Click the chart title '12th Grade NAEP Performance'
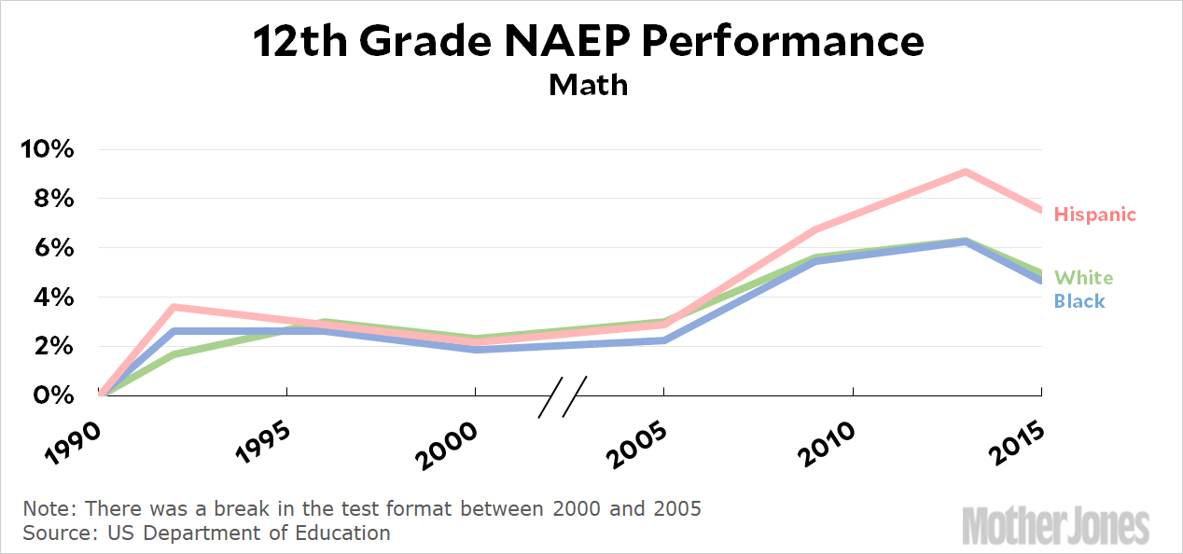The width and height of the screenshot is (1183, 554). [589, 42]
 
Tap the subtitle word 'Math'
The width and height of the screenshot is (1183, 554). [589, 85]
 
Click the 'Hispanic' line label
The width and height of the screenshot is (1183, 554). [1094, 215]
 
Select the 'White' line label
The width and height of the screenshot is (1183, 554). [1083, 277]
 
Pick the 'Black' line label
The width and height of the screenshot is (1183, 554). [1079, 300]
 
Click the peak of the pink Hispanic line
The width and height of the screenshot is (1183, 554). [966, 172]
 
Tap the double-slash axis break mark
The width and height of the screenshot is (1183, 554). [563, 395]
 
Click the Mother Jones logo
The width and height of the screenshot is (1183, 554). [1056, 525]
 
